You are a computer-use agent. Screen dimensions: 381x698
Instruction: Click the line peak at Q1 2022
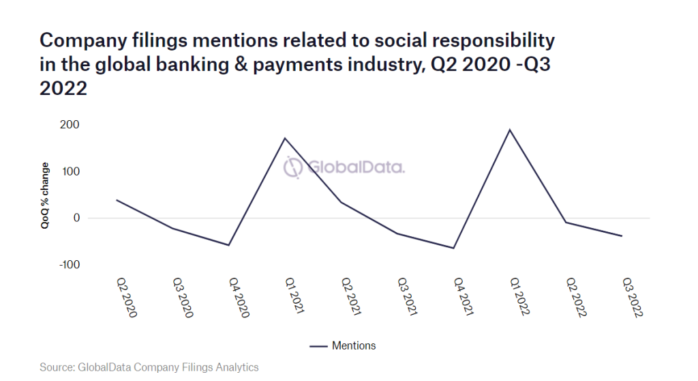509,130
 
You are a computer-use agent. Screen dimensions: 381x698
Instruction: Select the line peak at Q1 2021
284,139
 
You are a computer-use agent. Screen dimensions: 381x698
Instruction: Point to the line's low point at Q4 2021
453,248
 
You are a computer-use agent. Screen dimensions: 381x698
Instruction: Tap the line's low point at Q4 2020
228,245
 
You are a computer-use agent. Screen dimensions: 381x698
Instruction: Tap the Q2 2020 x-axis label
126,298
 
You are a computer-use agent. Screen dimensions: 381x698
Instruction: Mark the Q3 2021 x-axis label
408,298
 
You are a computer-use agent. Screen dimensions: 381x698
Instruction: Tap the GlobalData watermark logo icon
293,167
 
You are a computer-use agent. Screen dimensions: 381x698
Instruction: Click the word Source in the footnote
57,367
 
